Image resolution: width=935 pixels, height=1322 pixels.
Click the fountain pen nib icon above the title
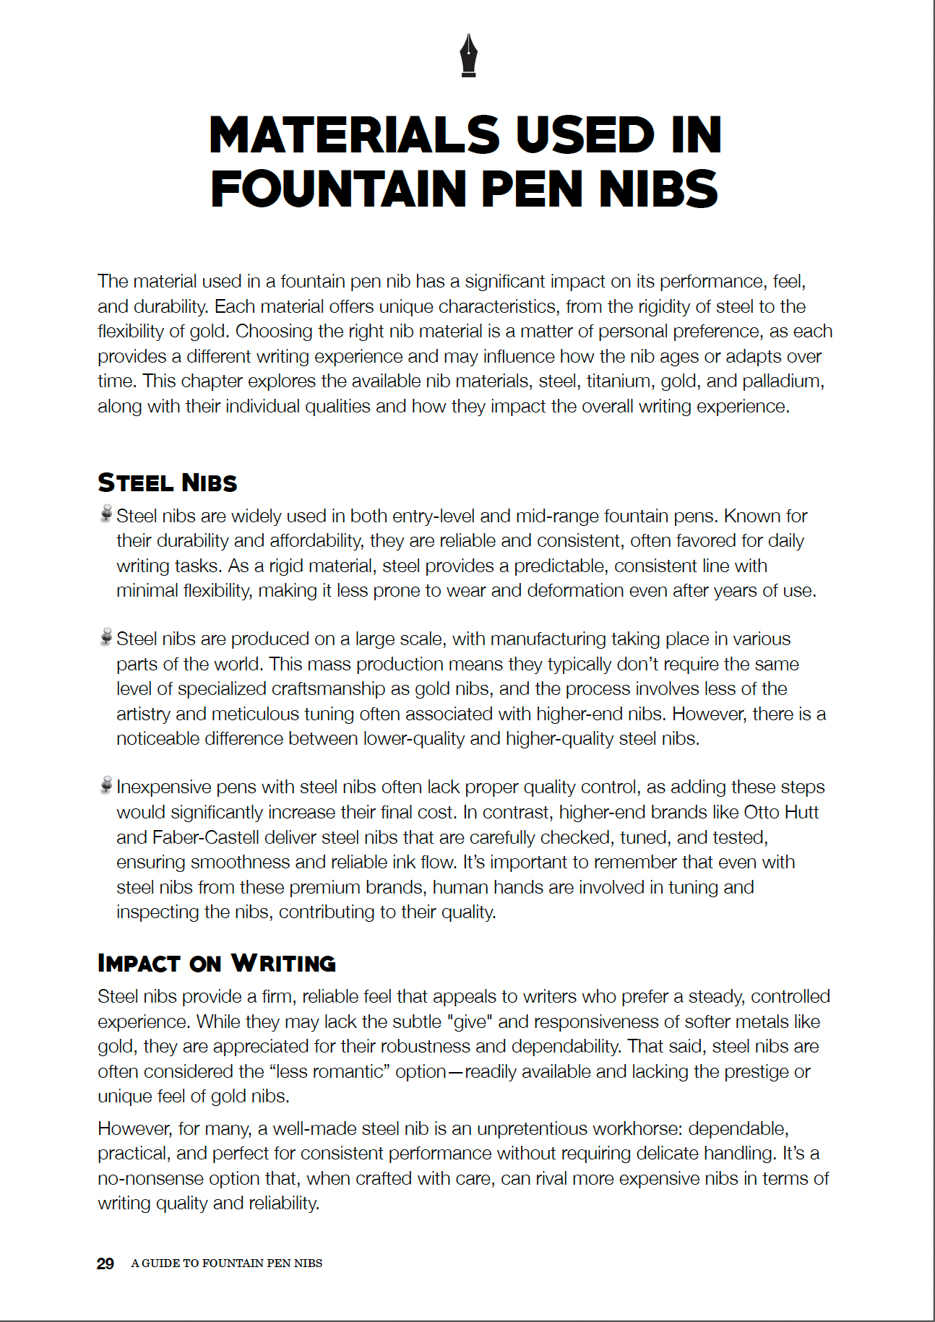tap(468, 56)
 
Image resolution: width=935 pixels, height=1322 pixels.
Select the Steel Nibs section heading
tap(168, 483)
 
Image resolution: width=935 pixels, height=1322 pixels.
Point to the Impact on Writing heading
tap(217, 963)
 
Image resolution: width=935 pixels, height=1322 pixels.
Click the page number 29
tap(105, 1263)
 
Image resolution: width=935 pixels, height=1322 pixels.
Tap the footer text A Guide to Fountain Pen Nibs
tap(226, 1263)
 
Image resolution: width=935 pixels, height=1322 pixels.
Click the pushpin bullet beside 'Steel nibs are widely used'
tap(106, 514)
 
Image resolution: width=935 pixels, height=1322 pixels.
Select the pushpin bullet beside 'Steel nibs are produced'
tap(106, 636)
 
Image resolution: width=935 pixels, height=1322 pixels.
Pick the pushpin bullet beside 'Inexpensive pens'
tap(106, 785)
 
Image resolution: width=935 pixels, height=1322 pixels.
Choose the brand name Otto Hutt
tap(781, 812)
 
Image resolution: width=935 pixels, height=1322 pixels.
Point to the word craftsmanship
tap(329, 688)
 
